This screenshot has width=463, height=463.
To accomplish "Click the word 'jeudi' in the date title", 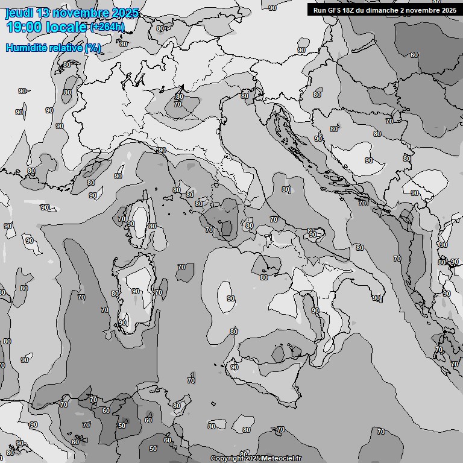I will (x=18, y=13).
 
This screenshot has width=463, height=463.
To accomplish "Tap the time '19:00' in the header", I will (x=25, y=27).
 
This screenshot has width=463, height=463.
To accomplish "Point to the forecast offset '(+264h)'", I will (x=107, y=27).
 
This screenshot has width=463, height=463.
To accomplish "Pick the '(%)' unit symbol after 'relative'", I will (x=93, y=48).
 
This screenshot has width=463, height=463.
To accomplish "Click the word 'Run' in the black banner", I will (x=321, y=10).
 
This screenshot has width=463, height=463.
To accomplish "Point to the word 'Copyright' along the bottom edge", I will (x=227, y=459).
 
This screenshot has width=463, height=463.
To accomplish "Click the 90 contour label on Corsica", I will (x=131, y=224).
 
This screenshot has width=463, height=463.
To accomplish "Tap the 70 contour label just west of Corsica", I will (x=122, y=219).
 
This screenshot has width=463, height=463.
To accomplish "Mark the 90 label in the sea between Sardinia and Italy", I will (x=230, y=298).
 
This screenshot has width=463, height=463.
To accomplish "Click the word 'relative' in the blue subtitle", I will (x=66, y=48).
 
